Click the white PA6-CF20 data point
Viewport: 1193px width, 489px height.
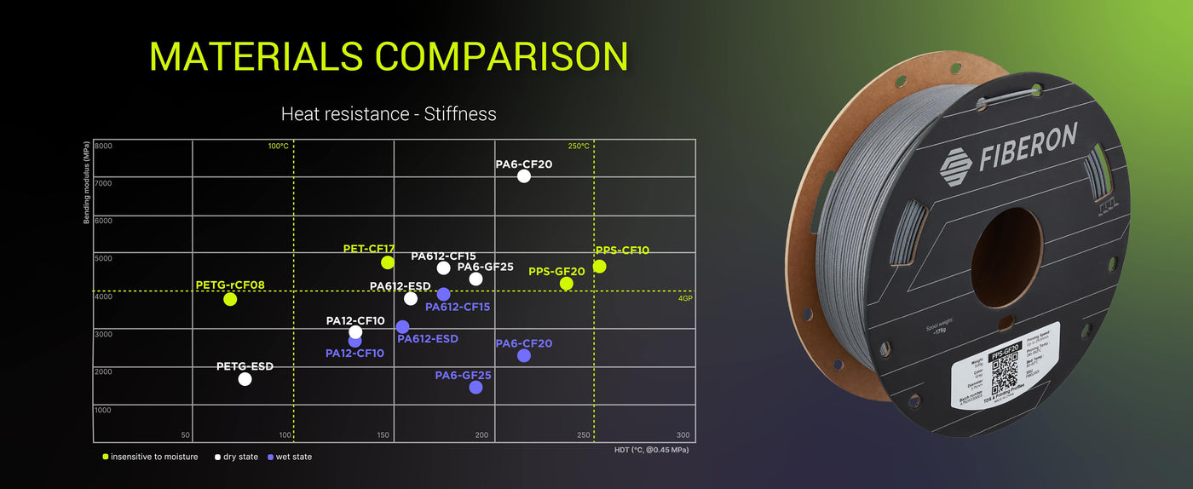click(x=523, y=176)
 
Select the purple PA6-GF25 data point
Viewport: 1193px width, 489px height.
click(x=475, y=388)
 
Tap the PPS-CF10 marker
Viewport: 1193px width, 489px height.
click(x=600, y=267)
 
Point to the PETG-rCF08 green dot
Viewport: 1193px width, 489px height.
click(x=230, y=299)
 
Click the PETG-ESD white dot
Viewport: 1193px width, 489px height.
click(x=245, y=379)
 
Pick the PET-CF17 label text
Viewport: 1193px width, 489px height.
click(x=369, y=249)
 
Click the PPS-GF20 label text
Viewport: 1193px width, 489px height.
click(x=556, y=272)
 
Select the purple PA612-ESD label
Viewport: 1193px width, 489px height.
click(x=428, y=339)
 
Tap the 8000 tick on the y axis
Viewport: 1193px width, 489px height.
click(x=102, y=147)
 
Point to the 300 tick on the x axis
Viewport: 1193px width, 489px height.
click(x=683, y=435)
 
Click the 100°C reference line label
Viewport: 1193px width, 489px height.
click(x=279, y=147)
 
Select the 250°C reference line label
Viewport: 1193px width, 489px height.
click(x=579, y=147)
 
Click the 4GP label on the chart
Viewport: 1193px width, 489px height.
click(x=685, y=299)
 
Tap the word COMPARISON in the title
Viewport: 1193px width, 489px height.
click(x=501, y=56)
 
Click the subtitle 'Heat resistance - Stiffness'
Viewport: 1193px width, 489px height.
click(x=389, y=113)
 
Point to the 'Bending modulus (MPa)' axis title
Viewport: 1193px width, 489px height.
click(x=86, y=182)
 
